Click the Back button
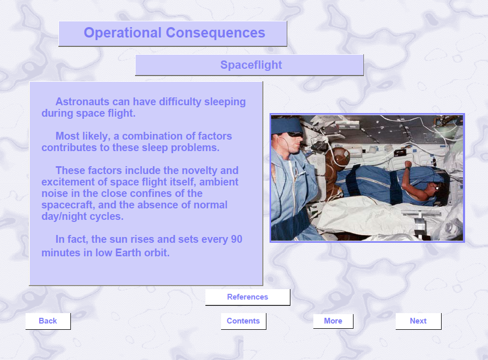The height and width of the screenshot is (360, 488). [x=48, y=321]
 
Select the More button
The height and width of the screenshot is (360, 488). [x=333, y=321]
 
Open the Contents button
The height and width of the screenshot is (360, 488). [x=243, y=321]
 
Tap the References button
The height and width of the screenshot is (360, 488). [x=248, y=297]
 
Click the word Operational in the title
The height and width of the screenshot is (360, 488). [x=123, y=33]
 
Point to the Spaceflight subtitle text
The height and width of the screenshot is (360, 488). [x=251, y=65]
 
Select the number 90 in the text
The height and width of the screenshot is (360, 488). [x=236, y=239]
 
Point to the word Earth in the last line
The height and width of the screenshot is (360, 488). [x=128, y=253]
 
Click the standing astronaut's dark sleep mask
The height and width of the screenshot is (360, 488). [x=295, y=134]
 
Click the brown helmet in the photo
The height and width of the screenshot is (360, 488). [x=338, y=157]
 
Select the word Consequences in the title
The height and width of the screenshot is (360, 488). [x=215, y=33]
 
